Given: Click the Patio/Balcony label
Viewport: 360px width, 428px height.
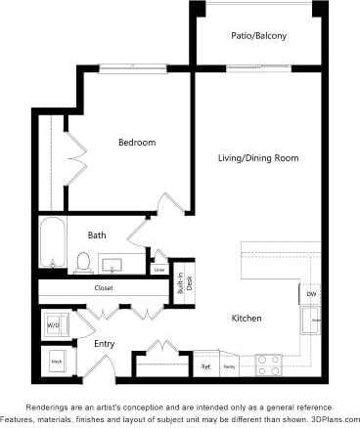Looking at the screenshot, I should pos(258,36).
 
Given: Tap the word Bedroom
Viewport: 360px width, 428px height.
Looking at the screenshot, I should pos(137,143).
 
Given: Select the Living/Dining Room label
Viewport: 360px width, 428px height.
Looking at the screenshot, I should pos(258,157).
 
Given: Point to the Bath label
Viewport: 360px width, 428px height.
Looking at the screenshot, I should pos(97,235).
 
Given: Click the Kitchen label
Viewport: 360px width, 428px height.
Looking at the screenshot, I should pos(246,319).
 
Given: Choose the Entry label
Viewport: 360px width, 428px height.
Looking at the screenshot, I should pos(105,344).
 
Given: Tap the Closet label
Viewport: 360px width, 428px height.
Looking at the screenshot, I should pos(104,288).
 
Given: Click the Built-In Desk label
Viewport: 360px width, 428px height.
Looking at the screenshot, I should pos(180,284).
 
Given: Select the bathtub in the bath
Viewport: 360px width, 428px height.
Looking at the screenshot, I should pos(52,244).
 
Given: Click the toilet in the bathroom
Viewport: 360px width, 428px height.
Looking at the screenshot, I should pos(84,261).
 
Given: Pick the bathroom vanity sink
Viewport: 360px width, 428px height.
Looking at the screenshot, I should pos(112,264).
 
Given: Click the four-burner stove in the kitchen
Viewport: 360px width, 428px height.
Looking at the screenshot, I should pos(269,365).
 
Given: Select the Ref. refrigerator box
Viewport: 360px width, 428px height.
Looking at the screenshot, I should pos(205,366).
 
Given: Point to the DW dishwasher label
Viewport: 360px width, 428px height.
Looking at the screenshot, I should pos(311,293).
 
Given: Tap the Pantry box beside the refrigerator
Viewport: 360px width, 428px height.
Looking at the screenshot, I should pos(229,366).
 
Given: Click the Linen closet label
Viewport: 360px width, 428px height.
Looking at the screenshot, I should pos(159,269).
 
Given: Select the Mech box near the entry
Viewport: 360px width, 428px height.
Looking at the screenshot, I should pos(57,362).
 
